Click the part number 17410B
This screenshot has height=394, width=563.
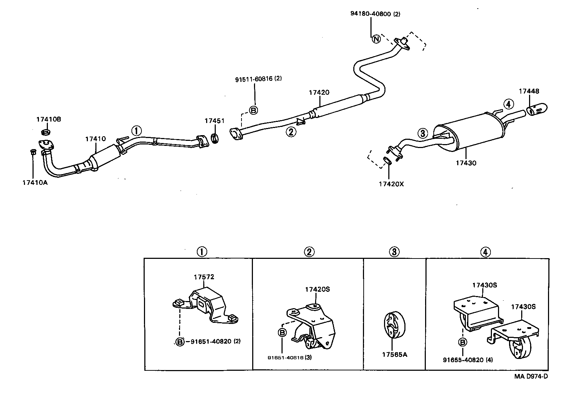click(48, 119)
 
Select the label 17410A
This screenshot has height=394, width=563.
click(35, 183)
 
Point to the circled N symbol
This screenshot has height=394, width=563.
click(376, 39)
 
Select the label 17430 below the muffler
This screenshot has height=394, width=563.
click(466, 163)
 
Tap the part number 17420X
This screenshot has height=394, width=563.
click(391, 184)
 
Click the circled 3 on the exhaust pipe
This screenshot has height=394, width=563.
click(423, 134)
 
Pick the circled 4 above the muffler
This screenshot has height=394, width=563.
click(509, 104)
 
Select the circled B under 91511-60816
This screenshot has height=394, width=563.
click(253, 110)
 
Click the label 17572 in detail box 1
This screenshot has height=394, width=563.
click(204, 277)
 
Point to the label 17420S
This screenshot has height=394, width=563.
click(317, 290)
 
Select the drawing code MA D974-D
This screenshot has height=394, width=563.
click(531, 376)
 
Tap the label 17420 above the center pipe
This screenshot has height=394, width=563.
click(319, 93)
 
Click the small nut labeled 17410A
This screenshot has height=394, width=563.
click(33, 153)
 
